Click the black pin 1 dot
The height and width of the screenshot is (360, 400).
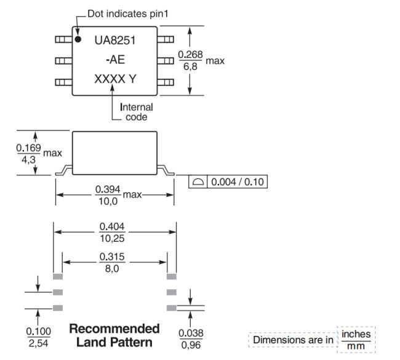pyautogui.click(x=78, y=39)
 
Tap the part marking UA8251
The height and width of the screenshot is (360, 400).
pyautogui.click(x=115, y=41)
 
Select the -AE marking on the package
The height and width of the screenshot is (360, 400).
pyautogui.click(x=115, y=60)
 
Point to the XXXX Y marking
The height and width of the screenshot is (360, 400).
pyautogui.click(x=115, y=79)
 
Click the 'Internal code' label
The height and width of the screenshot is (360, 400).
pyautogui.click(x=137, y=112)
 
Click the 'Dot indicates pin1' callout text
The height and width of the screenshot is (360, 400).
pyautogui.click(x=128, y=14)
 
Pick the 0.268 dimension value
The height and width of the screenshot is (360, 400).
pyautogui.click(x=190, y=54)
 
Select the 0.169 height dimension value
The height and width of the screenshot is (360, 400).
pyautogui.click(x=28, y=148)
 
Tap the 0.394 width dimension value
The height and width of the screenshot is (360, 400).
pyautogui.click(x=108, y=190)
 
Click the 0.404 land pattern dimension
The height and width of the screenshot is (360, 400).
pyautogui.click(x=112, y=226)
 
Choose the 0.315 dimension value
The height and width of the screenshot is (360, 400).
pyautogui.click(x=112, y=257)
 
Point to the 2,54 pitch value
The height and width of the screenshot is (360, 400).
pyautogui.click(x=38, y=343)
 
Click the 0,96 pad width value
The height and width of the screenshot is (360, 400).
pyautogui.click(x=191, y=345)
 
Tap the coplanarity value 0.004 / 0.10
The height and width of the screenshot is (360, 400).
pyautogui.click(x=238, y=182)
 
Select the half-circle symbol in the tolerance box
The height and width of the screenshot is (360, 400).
pyautogui.click(x=198, y=182)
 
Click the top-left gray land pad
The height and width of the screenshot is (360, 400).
pyautogui.click(x=58, y=276)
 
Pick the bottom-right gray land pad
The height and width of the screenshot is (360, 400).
pyautogui.click(x=172, y=308)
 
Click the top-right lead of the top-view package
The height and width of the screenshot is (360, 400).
pyautogui.click(x=166, y=39)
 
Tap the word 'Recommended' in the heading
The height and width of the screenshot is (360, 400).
pyautogui.click(x=114, y=329)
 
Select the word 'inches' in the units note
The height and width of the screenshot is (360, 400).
pyautogui.click(x=356, y=334)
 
